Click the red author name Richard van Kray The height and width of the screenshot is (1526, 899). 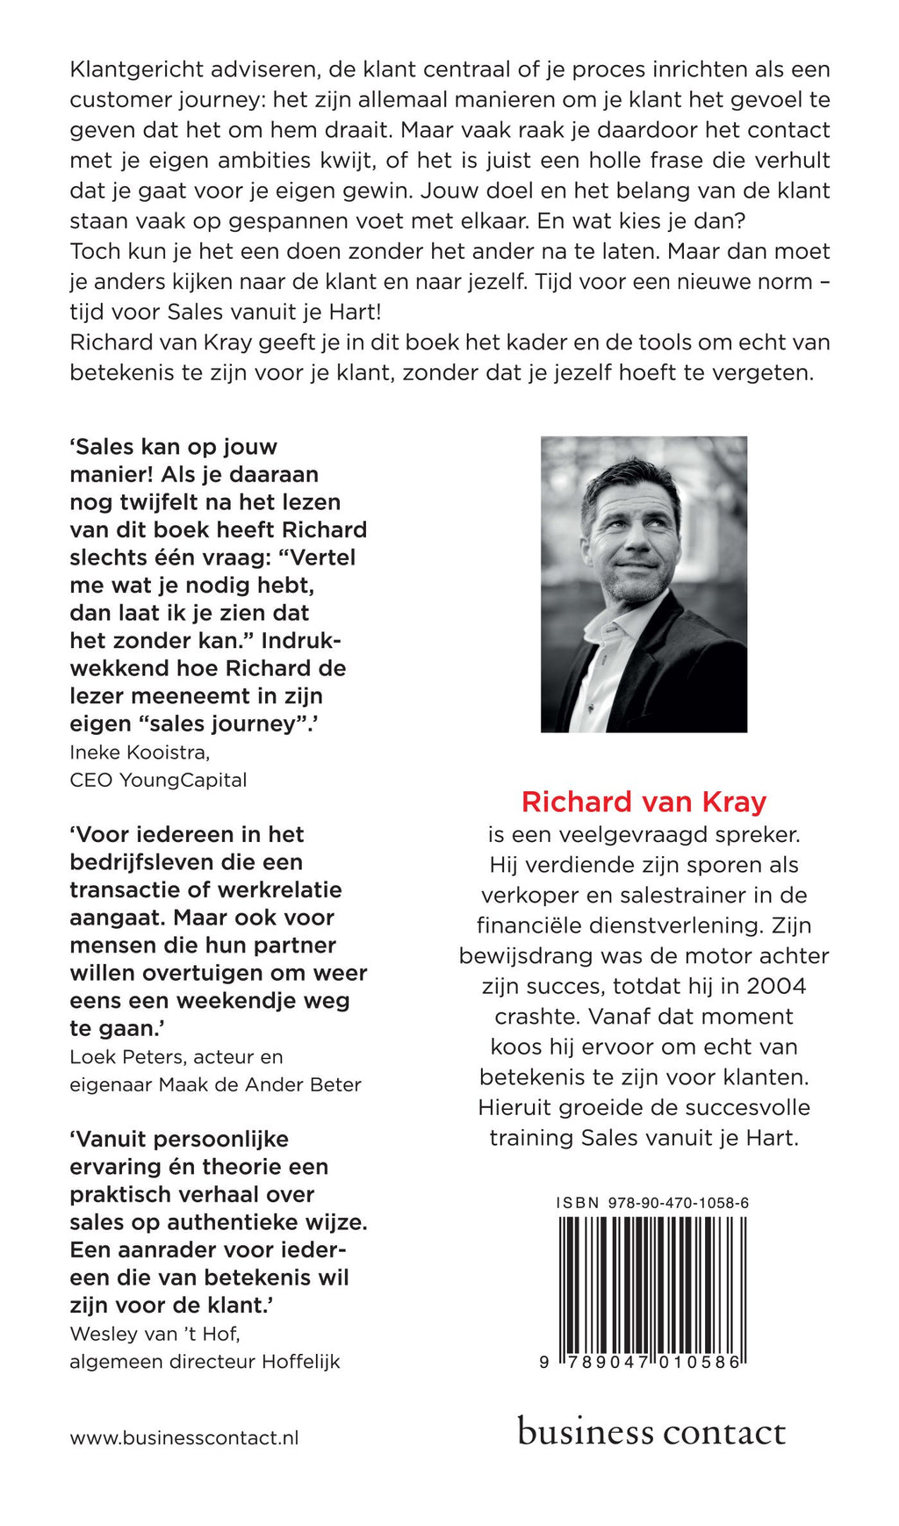tap(644, 802)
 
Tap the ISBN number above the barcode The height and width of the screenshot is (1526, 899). tap(652, 1203)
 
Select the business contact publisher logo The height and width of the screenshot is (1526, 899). tap(651, 1432)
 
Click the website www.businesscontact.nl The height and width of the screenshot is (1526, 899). tap(184, 1438)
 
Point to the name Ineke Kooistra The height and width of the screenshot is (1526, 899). tap(140, 752)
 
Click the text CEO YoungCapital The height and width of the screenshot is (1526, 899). tap(158, 780)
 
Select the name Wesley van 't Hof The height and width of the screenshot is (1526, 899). tap(155, 1334)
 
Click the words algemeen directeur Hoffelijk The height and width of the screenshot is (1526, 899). tap(205, 1362)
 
